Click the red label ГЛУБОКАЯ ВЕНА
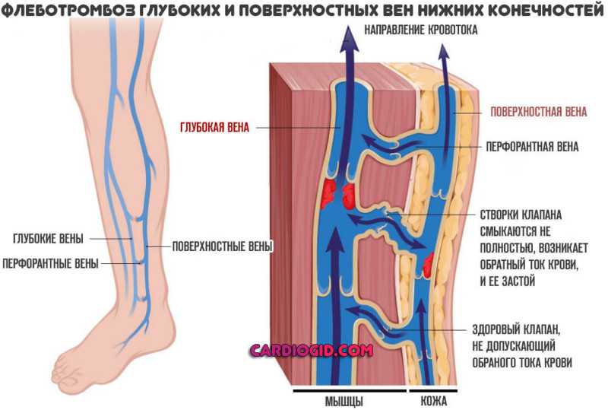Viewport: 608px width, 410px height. point(214,128)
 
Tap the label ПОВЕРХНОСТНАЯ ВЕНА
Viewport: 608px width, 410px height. point(539,112)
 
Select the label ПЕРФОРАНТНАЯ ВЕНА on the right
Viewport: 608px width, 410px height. point(533,147)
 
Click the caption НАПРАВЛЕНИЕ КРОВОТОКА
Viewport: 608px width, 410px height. point(421,30)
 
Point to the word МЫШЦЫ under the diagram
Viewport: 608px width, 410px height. point(344,401)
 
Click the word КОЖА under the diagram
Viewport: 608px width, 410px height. point(434,401)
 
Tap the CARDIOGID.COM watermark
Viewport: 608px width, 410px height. point(312,351)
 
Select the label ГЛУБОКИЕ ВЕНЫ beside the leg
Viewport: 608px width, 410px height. point(48,238)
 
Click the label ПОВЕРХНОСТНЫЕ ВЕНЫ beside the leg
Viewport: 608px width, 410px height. point(222,246)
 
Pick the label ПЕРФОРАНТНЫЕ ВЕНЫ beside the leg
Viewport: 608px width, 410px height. point(50,264)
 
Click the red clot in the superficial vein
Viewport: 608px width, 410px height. point(428,265)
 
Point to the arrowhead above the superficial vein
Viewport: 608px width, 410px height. point(445,52)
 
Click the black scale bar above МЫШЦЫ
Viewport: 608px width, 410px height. point(350,390)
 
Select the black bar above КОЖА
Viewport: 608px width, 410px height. point(433,390)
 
